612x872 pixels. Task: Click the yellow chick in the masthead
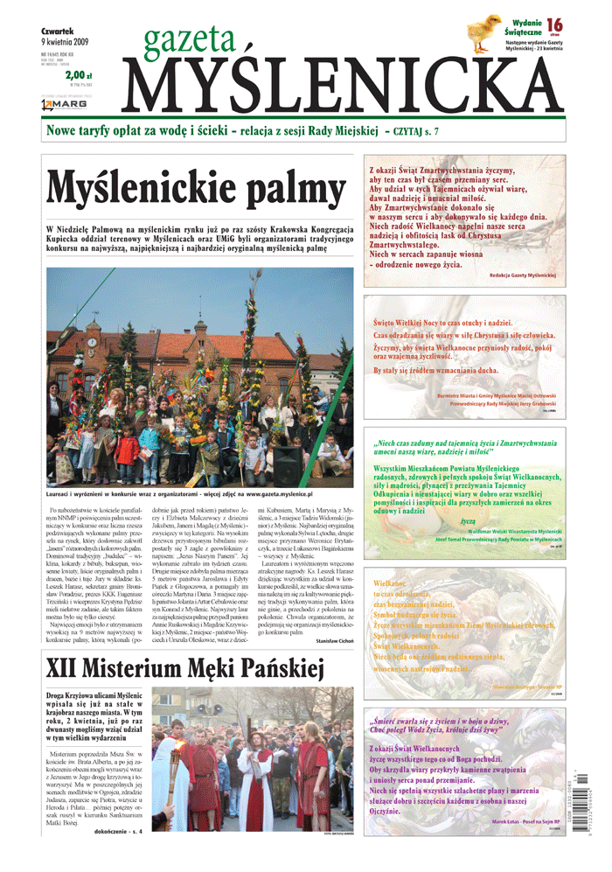tap(483, 27)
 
